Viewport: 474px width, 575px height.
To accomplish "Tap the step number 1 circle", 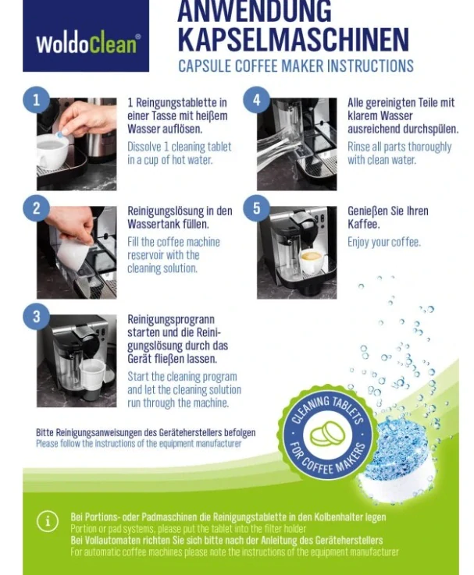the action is pos(37,100).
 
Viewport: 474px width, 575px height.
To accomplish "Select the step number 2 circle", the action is pos(37,208).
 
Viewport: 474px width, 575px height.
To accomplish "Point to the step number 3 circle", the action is pos(37,317).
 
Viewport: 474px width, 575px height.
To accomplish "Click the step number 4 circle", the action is pos(256,100).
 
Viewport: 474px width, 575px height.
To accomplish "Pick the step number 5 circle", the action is pos(256,208).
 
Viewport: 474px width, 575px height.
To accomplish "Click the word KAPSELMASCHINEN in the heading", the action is pos(294,39).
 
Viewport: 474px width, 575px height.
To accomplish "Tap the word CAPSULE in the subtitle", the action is pos(205,66).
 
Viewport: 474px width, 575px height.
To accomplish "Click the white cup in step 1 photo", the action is pos(52,149).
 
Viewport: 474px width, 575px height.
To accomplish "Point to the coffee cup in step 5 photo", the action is pos(313,261).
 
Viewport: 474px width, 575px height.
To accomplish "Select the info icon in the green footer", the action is pos(48,520).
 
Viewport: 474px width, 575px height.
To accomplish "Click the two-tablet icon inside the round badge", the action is pos(327,435).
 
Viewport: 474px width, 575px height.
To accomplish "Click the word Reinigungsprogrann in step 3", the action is pos(171,320).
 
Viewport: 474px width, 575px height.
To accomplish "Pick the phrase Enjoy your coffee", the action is pos(384,242).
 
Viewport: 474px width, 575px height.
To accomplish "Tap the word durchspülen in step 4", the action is pos(431,129).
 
